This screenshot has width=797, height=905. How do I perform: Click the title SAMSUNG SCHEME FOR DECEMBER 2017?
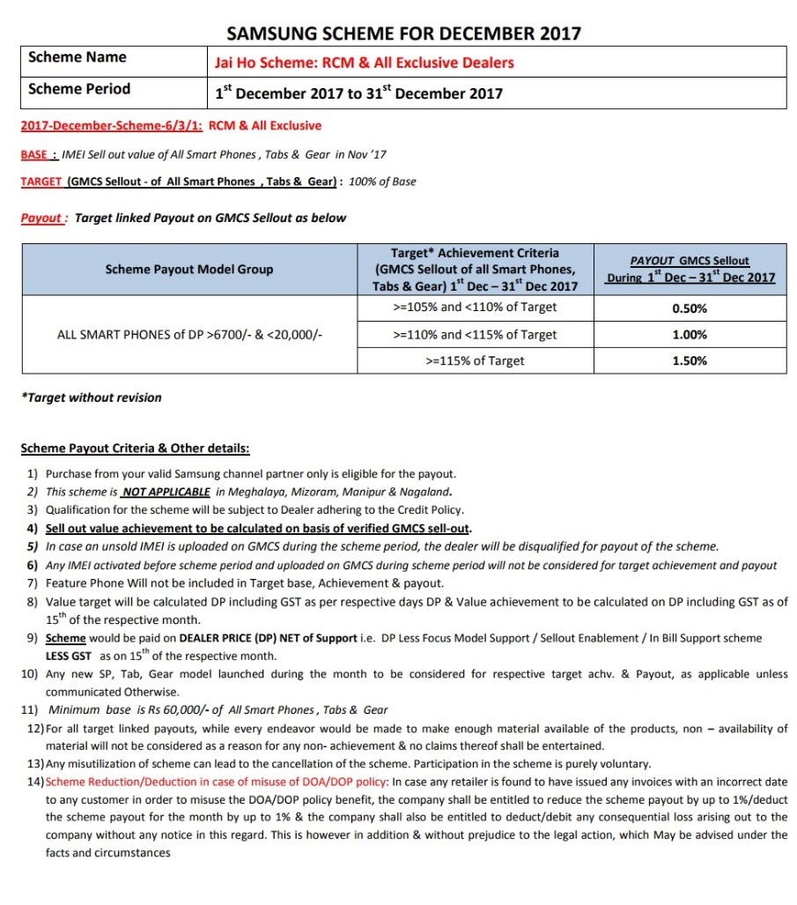point(403,33)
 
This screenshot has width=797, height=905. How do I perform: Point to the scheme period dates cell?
point(358,93)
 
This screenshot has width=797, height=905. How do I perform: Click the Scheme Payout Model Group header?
point(188,269)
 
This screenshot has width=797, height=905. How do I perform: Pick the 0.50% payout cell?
point(690,308)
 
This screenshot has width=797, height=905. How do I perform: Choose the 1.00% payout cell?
point(690,335)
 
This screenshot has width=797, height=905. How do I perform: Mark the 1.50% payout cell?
point(690,361)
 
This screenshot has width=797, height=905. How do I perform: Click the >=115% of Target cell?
point(476,360)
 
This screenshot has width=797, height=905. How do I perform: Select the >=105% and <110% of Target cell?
point(476,308)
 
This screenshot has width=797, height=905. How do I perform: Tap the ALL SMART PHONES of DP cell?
point(188,335)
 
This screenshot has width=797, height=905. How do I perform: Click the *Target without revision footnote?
point(91,397)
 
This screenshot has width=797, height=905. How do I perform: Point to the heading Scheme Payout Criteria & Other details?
point(135,449)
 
